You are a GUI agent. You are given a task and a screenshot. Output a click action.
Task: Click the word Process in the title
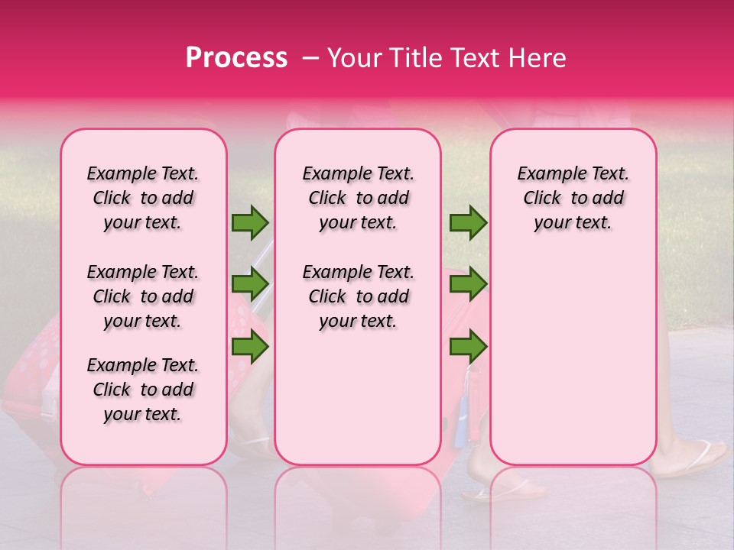[236, 58]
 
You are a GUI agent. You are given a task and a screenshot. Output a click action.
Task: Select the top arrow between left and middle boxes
[250, 223]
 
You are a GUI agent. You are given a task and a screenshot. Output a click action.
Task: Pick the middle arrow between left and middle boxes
[250, 284]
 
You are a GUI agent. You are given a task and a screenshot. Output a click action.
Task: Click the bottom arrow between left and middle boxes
[250, 347]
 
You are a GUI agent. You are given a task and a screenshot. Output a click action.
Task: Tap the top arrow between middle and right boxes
[468, 223]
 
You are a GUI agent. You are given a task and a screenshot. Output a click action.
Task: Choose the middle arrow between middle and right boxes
[468, 284]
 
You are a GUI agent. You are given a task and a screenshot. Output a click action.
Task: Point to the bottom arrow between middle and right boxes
[468, 347]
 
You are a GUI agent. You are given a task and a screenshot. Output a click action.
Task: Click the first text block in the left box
[143, 199]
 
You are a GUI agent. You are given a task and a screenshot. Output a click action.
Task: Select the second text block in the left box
[143, 296]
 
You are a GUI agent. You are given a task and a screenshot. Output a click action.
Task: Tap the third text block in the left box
[143, 390]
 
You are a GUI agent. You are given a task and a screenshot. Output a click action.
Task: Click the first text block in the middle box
[359, 199]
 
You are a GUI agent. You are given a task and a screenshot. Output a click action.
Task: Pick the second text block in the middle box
[359, 296]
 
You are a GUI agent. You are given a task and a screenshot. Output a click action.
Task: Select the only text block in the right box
[573, 199]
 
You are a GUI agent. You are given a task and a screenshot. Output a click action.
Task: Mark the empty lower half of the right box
[573, 359]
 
